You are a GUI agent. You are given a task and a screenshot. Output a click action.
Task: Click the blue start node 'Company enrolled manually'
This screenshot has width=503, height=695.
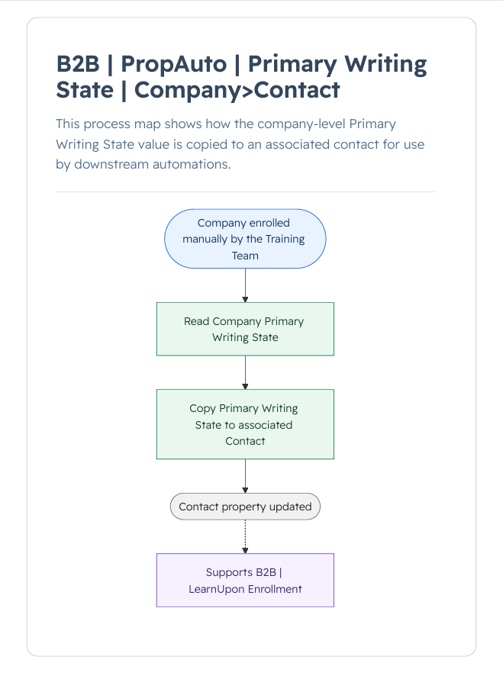pyautogui.click(x=245, y=239)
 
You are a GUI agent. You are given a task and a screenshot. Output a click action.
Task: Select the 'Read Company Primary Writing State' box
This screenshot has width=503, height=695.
pyautogui.click(x=245, y=329)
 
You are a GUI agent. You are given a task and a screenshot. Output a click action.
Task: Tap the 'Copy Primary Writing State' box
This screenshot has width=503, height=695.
pyautogui.click(x=245, y=424)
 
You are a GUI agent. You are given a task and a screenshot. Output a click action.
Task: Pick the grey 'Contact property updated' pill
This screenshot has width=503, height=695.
pyautogui.click(x=245, y=507)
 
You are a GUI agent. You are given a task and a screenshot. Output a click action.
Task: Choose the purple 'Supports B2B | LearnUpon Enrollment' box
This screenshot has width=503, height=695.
pyautogui.click(x=245, y=581)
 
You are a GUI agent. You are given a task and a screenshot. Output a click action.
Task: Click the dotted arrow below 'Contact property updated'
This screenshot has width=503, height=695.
pyautogui.click(x=245, y=537)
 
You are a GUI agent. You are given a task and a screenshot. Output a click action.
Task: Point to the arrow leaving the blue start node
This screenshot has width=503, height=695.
pyautogui.click(x=245, y=285)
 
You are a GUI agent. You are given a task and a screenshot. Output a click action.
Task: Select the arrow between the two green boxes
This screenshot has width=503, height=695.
pyautogui.click(x=245, y=373)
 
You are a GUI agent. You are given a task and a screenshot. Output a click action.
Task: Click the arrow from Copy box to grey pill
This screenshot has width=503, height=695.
pyautogui.click(x=245, y=476)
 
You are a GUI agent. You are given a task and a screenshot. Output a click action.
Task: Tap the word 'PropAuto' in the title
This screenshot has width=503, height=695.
pyautogui.click(x=174, y=64)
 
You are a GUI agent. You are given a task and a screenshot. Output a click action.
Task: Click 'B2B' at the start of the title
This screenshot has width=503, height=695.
pyautogui.click(x=78, y=64)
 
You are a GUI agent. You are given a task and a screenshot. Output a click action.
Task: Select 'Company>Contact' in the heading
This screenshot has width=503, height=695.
pyautogui.click(x=237, y=90)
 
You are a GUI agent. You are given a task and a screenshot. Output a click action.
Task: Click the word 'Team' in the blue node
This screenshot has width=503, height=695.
pyautogui.click(x=245, y=256)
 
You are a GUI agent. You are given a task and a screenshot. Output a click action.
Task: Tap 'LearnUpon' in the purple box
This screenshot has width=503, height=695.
pyautogui.click(x=217, y=589)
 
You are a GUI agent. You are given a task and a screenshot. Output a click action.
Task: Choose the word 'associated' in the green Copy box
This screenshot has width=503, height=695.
pyautogui.click(x=266, y=425)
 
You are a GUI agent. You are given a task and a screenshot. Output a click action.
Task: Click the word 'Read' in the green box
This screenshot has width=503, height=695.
pyautogui.click(x=196, y=321)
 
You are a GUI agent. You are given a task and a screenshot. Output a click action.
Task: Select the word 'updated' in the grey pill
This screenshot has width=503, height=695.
pyautogui.click(x=291, y=507)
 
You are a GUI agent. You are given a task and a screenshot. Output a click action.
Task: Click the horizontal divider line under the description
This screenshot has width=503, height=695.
pyautogui.click(x=245, y=192)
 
